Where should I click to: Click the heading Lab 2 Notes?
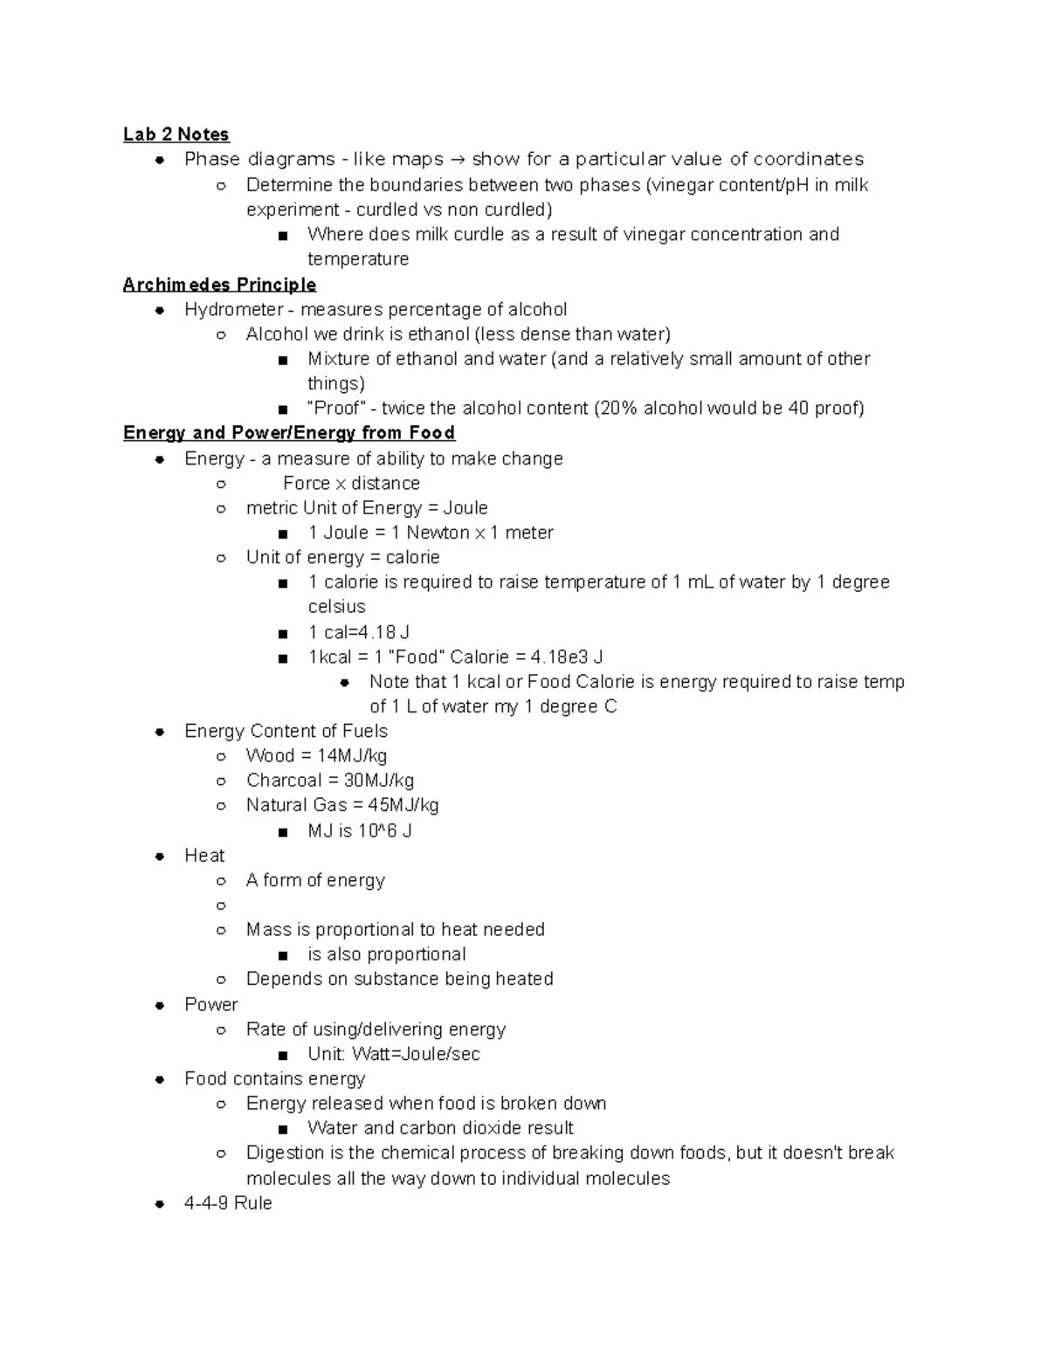pyautogui.click(x=176, y=134)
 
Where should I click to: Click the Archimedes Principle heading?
pyautogui.click(x=219, y=285)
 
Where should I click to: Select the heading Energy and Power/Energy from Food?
pyautogui.click(x=289, y=433)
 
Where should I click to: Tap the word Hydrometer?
pyautogui.click(x=222, y=310)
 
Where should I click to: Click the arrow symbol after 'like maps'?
pyautogui.click(x=458, y=160)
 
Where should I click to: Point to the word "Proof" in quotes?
pyautogui.click(x=336, y=409)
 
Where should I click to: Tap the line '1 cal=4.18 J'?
pyautogui.click(x=358, y=632)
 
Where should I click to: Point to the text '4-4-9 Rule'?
pyautogui.click(x=228, y=1203)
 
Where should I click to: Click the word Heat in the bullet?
pyautogui.click(x=204, y=856)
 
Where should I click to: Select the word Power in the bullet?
pyautogui.click(x=210, y=1005)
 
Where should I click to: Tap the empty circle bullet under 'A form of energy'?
pyautogui.click(x=222, y=906)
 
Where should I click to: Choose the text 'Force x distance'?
pyautogui.click(x=351, y=484)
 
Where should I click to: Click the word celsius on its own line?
pyautogui.click(x=336, y=607)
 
